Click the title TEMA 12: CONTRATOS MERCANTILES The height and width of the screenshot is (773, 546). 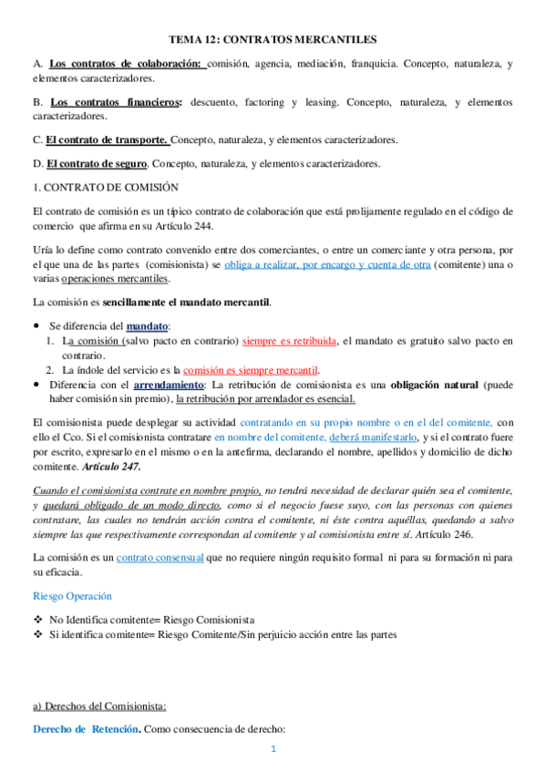273,40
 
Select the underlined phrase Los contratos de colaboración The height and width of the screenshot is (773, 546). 125,64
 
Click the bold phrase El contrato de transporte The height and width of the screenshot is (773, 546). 107,140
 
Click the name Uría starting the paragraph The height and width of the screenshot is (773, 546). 42,250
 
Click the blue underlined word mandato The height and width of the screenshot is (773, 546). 149,325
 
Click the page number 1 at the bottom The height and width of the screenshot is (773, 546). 273,749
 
